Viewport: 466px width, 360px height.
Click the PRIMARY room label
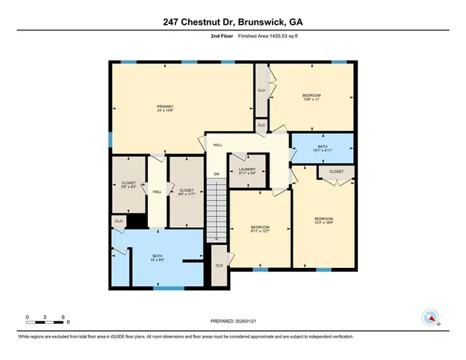tap(165, 109)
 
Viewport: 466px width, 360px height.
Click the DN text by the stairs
tap(215, 174)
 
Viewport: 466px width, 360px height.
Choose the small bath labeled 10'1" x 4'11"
tap(322, 149)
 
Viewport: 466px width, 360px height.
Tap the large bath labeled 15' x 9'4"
tap(157, 258)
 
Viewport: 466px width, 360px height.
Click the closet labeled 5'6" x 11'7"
tap(186, 191)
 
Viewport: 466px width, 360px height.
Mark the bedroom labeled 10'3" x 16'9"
tap(323, 221)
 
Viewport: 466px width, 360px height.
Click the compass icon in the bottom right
tap(430, 318)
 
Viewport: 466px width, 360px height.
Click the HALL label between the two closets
tap(157, 191)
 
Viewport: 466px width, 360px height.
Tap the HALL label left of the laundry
tap(217, 146)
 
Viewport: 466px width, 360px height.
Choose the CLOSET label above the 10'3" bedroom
tap(337, 171)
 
